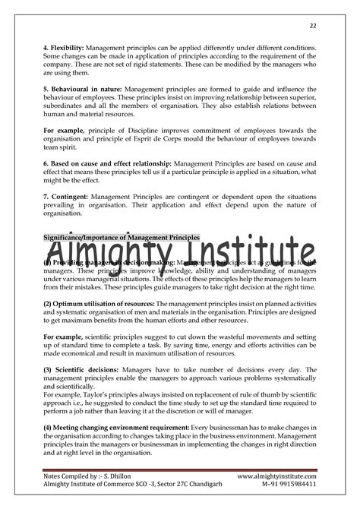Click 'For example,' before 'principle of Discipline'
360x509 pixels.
(64, 130)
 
